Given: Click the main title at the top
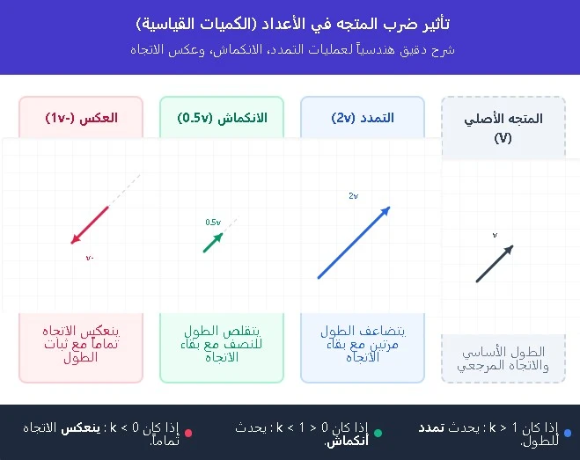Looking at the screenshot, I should [x=290, y=23].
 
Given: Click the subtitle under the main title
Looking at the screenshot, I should [x=290, y=49].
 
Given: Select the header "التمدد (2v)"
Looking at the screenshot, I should [x=362, y=118].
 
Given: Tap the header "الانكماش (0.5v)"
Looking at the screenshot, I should [x=222, y=118].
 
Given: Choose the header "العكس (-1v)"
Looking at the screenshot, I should [x=81, y=118].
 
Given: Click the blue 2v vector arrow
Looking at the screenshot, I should [x=354, y=243].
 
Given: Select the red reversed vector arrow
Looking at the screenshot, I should [x=90, y=224].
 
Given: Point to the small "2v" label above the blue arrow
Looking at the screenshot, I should [x=353, y=196].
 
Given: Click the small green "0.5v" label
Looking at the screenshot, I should [x=212, y=223].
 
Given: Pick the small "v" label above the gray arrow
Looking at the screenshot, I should [x=495, y=235].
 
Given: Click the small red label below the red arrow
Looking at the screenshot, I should [x=90, y=258].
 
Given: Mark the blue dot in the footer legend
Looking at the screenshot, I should [x=568, y=433].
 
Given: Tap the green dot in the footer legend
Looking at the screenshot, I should [x=378, y=433].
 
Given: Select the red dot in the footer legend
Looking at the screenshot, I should [x=188, y=433].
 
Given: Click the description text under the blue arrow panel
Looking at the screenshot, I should [x=362, y=344].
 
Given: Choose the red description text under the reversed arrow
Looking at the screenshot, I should [x=81, y=344].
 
